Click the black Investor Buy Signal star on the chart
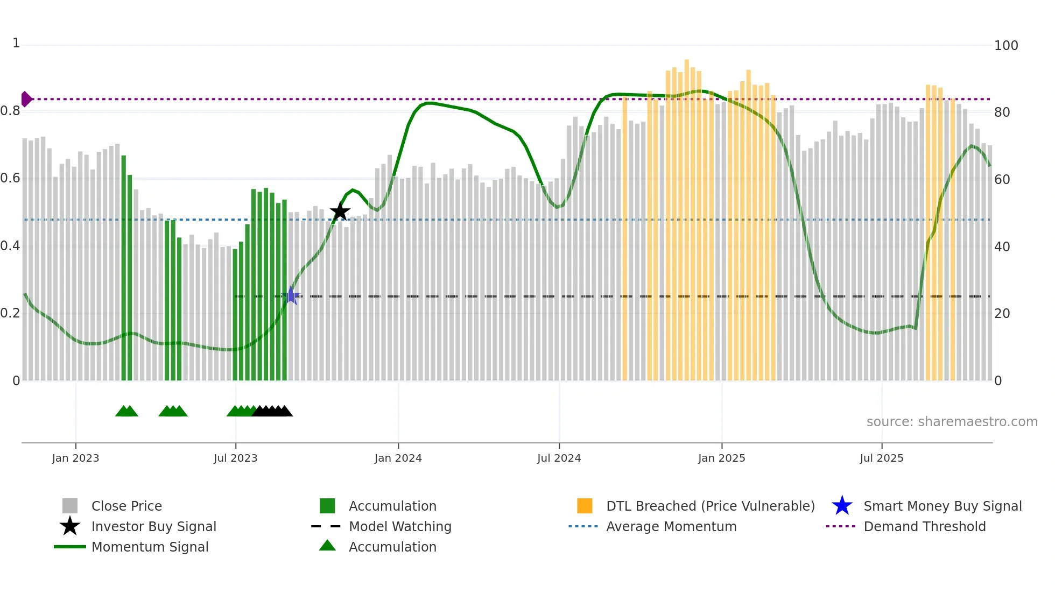(340, 211)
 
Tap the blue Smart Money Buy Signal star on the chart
(291, 295)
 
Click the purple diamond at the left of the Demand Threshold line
(26, 99)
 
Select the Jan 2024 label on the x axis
(398, 458)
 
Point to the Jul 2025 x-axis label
(881, 458)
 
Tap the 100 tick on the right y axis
(1005, 46)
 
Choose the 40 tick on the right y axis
(1002, 247)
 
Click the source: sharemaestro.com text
(952, 421)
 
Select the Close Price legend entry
(126, 506)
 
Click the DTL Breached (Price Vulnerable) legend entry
(710, 506)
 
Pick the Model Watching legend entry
(399, 526)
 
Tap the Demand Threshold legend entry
(924, 526)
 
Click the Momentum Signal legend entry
(150, 547)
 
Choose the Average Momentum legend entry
(671, 526)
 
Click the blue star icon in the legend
(842, 506)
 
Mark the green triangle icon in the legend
(327, 546)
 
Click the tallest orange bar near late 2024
(686, 215)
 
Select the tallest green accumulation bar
(124, 269)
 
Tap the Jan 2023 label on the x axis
(75, 458)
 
